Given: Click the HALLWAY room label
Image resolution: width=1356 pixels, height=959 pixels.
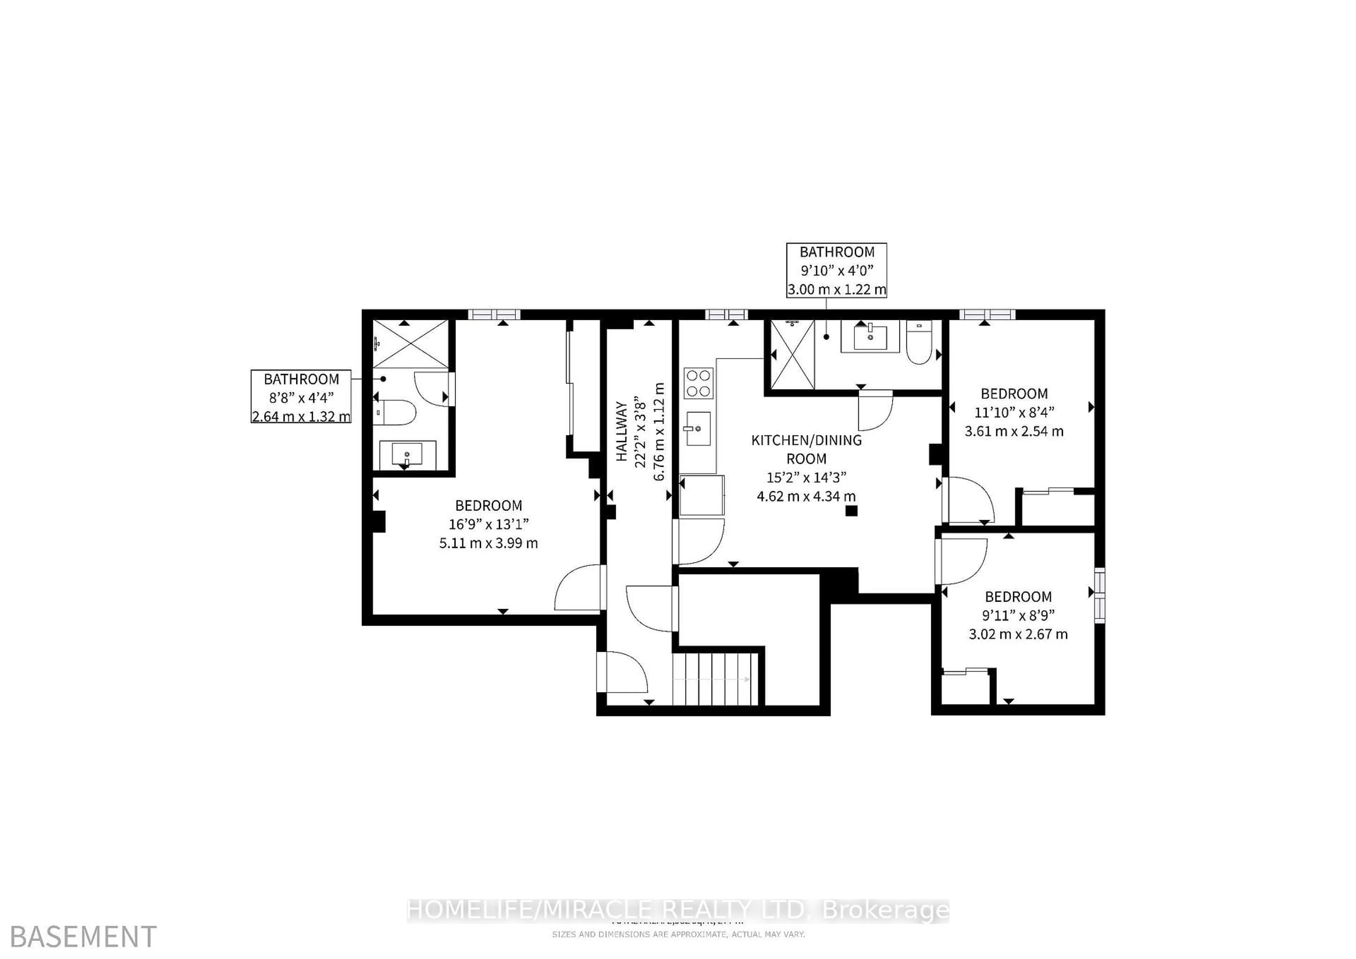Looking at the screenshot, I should [621, 432].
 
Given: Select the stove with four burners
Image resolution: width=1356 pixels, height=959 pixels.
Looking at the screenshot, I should [699, 383].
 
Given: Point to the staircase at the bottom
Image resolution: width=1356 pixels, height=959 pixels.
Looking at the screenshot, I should [715, 679].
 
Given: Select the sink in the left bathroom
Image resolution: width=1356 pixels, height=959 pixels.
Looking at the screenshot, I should [407, 455].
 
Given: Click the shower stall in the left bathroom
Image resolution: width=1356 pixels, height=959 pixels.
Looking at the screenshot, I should [411, 344].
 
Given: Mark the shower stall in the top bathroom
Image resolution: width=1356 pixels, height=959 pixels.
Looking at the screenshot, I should [792, 354].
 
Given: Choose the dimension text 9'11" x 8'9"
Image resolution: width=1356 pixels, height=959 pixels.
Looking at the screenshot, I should [1018, 615].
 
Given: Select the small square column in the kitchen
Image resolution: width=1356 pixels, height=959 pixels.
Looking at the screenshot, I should [851, 511].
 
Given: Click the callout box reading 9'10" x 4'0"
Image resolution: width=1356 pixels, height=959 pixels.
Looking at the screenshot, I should [836, 270].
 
